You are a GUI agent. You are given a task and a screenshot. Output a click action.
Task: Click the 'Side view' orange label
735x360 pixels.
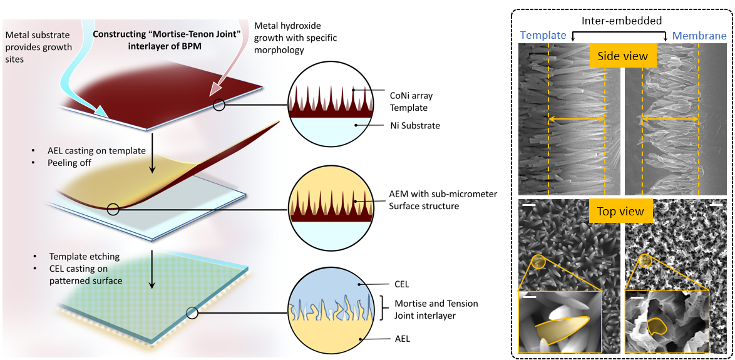(622, 56)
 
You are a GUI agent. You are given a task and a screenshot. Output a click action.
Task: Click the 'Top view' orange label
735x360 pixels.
(620, 212)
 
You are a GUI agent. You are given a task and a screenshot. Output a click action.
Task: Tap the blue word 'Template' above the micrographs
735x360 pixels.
(543, 36)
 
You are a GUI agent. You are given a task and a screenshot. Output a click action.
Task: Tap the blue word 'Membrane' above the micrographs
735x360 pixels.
(699, 36)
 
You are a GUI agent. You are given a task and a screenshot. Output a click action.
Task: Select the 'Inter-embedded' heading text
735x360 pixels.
(622, 21)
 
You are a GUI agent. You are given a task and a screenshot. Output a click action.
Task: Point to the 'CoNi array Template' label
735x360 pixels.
(410, 102)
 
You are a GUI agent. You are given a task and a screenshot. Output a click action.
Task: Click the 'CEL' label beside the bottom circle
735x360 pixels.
(401, 284)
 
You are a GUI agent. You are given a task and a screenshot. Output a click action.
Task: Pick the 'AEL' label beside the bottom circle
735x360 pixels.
(401, 339)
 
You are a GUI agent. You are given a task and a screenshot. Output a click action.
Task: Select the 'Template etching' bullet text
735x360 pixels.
(85, 257)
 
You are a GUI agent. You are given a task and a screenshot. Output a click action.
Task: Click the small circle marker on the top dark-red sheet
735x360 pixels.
(218, 105)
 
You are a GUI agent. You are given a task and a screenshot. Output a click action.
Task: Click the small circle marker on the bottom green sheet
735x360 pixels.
(193, 313)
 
